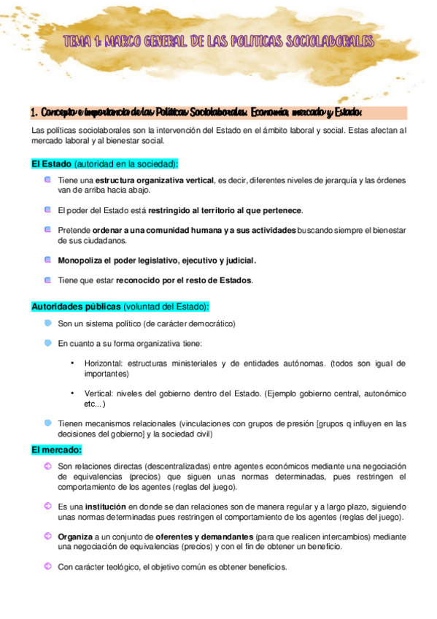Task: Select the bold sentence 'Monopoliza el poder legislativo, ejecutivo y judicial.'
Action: tap(157, 260)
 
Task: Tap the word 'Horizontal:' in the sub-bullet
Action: tap(103, 363)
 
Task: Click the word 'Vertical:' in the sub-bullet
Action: tap(98, 393)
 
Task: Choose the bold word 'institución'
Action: tap(107, 506)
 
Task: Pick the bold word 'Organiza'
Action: tap(75, 536)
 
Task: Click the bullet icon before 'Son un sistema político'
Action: tap(47, 323)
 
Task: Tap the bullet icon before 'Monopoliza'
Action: tap(47, 259)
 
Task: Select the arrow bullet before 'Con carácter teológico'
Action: tap(47, 566)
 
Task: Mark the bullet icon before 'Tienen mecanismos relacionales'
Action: tap(47, 423)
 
